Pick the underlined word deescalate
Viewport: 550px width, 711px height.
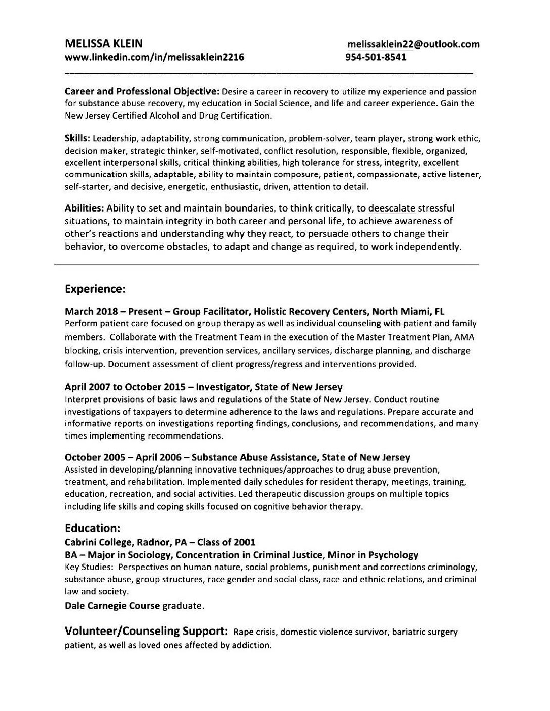click(x=392, y=208)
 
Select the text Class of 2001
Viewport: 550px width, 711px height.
click(x=226, y=543)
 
